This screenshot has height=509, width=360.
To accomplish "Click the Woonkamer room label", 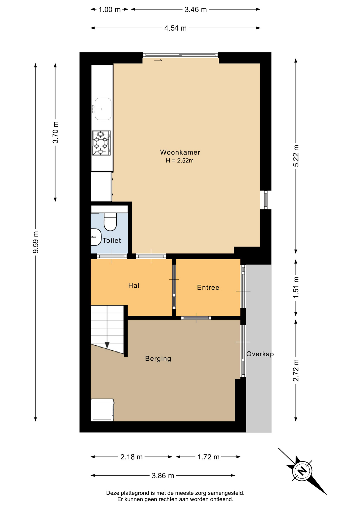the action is tap(180, 152).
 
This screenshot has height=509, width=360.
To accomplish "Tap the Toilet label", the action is tap(112, 240).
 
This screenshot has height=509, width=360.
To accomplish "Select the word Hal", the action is tap(134, 285).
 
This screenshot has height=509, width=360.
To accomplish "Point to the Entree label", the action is tap(208, 287).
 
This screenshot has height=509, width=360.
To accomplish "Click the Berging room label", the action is tap(158, 359).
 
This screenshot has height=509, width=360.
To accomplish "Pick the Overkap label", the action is tap(260, 354).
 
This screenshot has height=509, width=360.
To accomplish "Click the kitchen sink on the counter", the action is tap(102, 109).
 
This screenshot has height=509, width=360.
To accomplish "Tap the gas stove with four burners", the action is tap(101, 143).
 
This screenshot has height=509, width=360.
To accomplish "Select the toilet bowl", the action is tap(110, 222).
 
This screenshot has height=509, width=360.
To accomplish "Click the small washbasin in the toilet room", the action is tap(96, 237).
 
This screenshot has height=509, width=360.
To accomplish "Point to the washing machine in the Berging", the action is tap(102, 410).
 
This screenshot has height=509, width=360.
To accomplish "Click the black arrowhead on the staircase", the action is tap(107, 345).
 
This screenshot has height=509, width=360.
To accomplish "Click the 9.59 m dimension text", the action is tap(36, 242).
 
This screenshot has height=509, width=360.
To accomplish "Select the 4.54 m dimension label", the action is tap(175, 28).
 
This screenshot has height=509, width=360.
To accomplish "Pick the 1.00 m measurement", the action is tap(109, 10).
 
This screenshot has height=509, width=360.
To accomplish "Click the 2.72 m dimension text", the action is tap(296, 370).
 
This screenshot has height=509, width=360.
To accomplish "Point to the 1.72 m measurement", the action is tap(209, 457).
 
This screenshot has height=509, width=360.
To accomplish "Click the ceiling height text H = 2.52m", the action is tap(180, 160).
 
